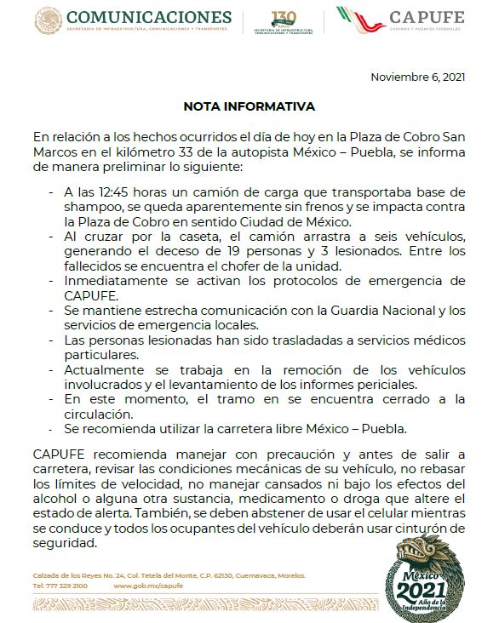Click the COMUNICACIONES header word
148,17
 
